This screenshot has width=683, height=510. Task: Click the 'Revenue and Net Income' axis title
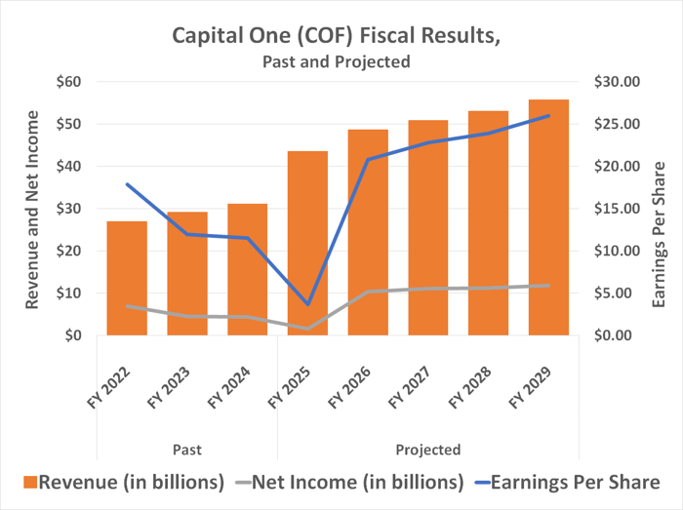pos(32,209)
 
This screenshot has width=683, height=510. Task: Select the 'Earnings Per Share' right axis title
pos(660,234)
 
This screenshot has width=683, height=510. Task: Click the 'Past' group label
pos(186,450)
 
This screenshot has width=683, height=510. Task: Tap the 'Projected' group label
pos(428,450)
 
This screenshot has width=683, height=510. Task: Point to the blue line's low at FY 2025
pos(307,304)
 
